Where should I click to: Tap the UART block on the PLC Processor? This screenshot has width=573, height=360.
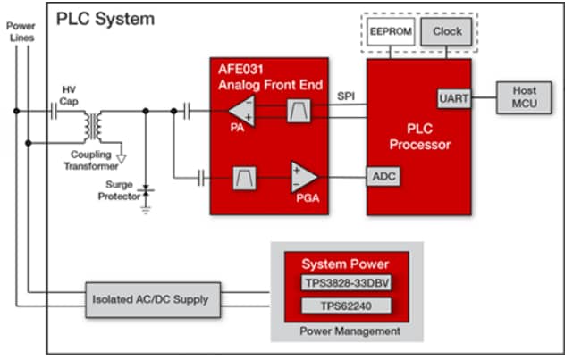coord(453,98)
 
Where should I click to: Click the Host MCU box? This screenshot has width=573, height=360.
coord(524,97)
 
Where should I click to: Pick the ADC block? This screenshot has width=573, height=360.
coord(383,177)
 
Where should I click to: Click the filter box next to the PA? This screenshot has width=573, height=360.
coord(298,112)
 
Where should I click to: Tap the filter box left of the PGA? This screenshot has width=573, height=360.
coord(244,177)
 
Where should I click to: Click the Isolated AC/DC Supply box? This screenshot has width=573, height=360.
coord(149,298)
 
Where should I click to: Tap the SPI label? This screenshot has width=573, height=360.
coord(347,95)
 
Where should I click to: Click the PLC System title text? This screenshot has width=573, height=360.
coord(105,19)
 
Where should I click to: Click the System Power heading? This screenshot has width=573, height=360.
coord(345,264)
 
